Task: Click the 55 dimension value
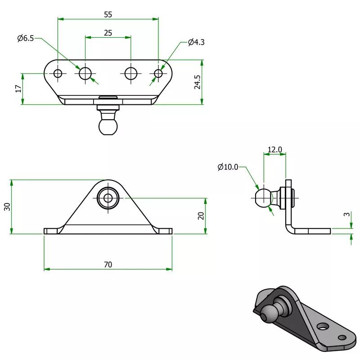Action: tap(108, 14)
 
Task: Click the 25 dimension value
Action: tap(108, 33)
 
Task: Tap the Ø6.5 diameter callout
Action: tap(26, 39)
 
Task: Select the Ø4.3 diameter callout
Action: tap(196, 42)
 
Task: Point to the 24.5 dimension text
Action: tap(197, 82)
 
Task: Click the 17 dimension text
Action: tap(18, 89)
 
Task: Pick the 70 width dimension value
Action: tap(108, 265)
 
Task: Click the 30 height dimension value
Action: tap(6, 207)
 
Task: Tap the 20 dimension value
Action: tap(201, 216)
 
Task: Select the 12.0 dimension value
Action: tap(274, 149)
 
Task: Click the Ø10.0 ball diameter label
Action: tap(227, 167)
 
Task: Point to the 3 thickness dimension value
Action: tap(346, 215)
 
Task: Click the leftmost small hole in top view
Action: tap(58, 73)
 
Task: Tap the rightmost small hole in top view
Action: tap(158, 73)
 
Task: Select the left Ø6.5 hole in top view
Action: tap(85, 73)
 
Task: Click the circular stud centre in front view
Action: tap(108, 197)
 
